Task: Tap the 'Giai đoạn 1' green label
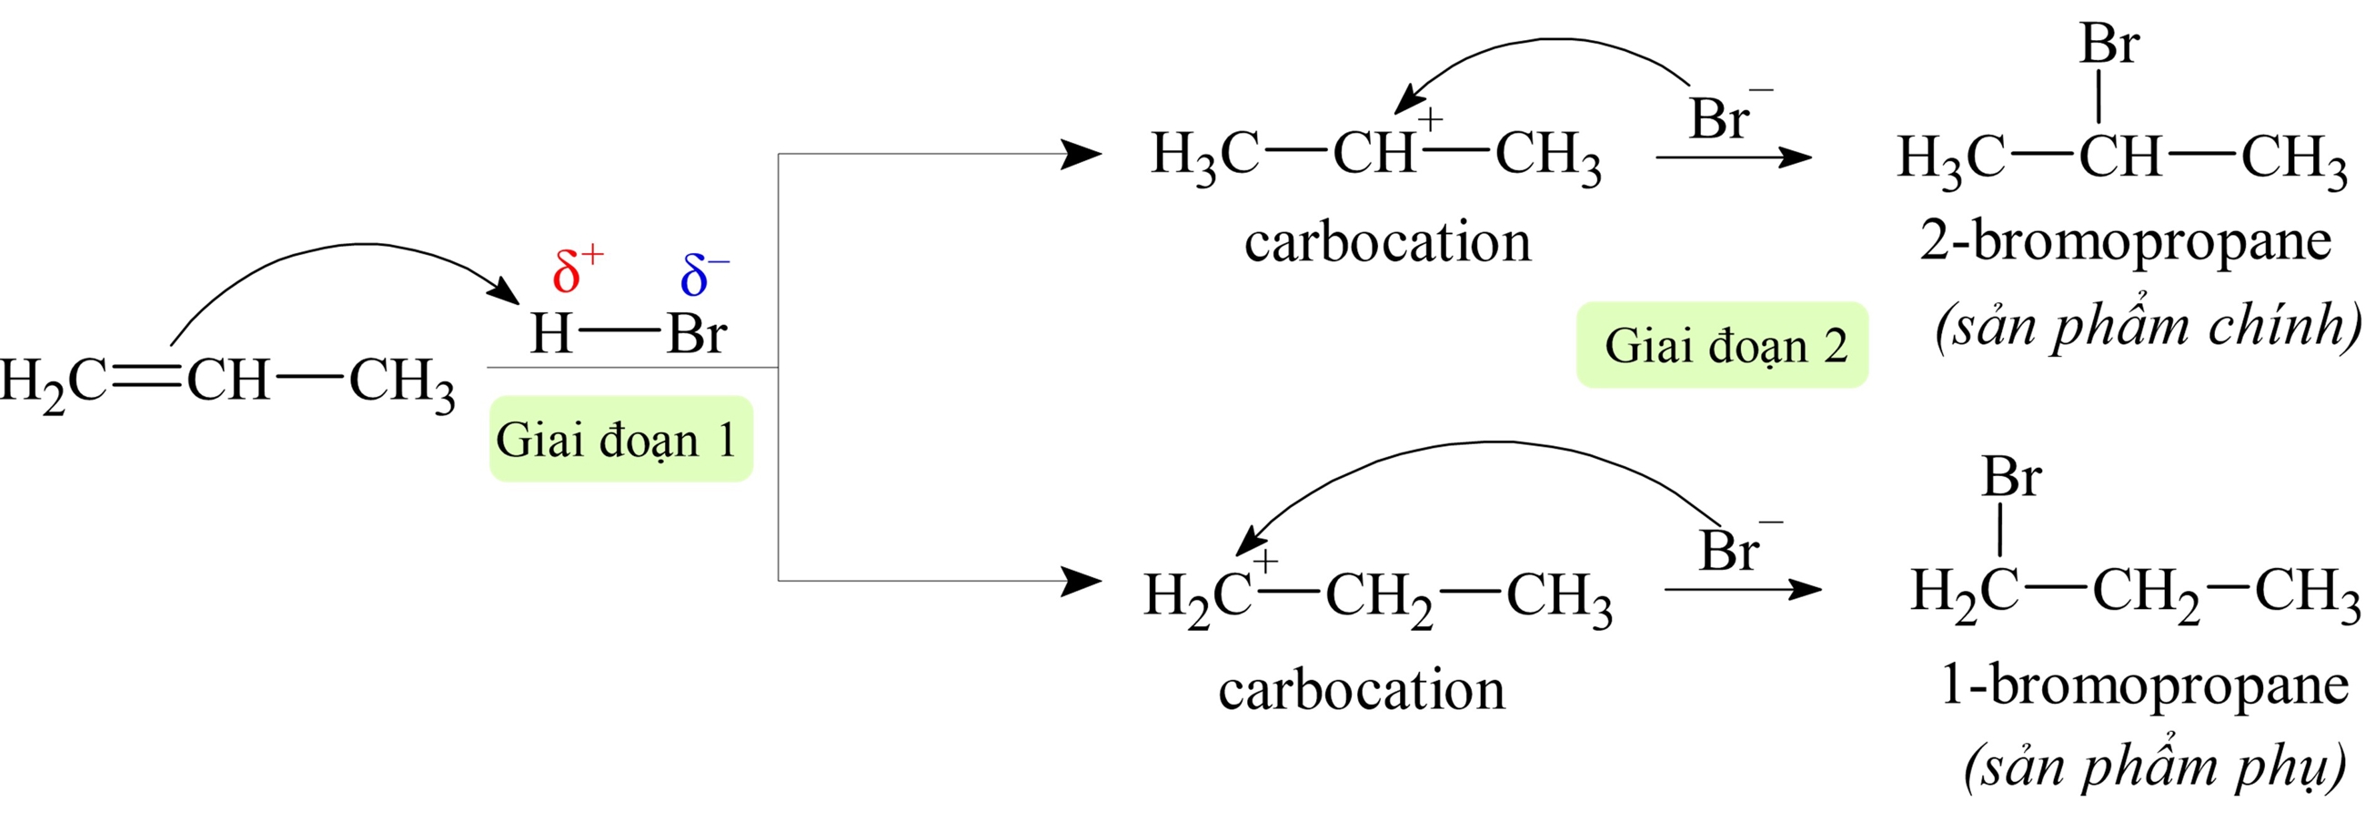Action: [x=620, y=439]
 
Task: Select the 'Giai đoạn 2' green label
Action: [x=1722, y=345]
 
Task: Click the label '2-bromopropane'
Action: [x=2126, y=241]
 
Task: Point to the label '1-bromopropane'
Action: [x=2144, y=685]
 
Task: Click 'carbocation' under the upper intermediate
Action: [x=1387, y=243]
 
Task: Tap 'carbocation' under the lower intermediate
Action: [x=1362, y=690]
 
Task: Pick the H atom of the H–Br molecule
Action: [x=552, y=333]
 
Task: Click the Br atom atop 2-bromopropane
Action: [x=2108, y=44]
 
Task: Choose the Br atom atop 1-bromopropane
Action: [x=2010, y=478]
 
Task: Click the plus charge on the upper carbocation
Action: [x=1431, y=118]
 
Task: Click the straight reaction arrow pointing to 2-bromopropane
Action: [x=1733, y=158]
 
